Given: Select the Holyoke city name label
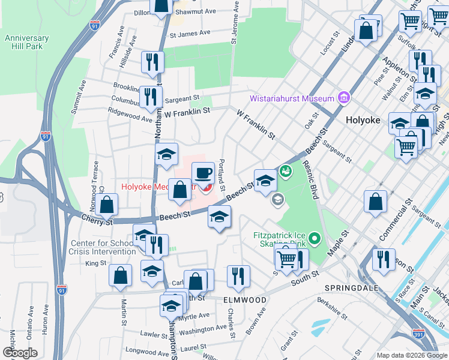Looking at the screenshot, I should click(363, 120).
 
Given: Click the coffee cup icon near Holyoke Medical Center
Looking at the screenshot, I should click(203, 173).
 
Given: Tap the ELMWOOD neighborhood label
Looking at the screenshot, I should click(244, 299).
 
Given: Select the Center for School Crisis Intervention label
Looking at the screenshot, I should click(103, 247).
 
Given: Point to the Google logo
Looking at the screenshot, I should click(20, 353).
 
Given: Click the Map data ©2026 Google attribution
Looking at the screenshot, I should click(411, 355).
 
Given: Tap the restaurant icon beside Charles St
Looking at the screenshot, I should click(238, 276).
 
